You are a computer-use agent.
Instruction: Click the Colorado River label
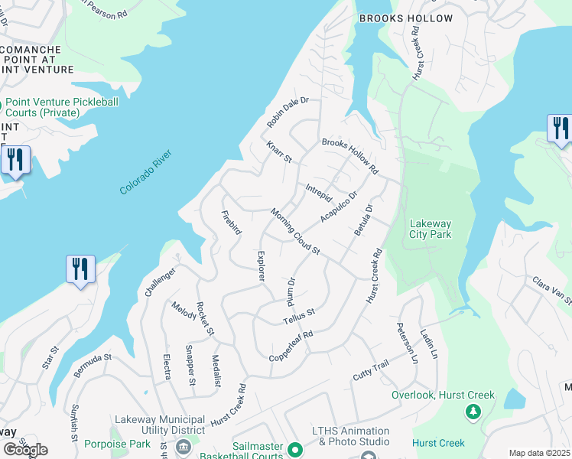point(146,172)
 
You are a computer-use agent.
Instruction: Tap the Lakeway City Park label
point(431,229)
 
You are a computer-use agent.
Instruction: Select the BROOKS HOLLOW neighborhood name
point(406,18)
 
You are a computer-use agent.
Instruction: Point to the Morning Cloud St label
point(294,232)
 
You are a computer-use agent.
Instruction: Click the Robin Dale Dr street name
point(287,112)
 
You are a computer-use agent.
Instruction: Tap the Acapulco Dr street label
point(339,207)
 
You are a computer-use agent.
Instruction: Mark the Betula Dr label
point(362,219)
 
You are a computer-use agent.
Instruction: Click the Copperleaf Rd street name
point(292,347)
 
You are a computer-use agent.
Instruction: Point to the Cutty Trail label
point(371,373)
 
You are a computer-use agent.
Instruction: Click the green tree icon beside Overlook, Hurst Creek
point(473,412)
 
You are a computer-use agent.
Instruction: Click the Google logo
point(25,450)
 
